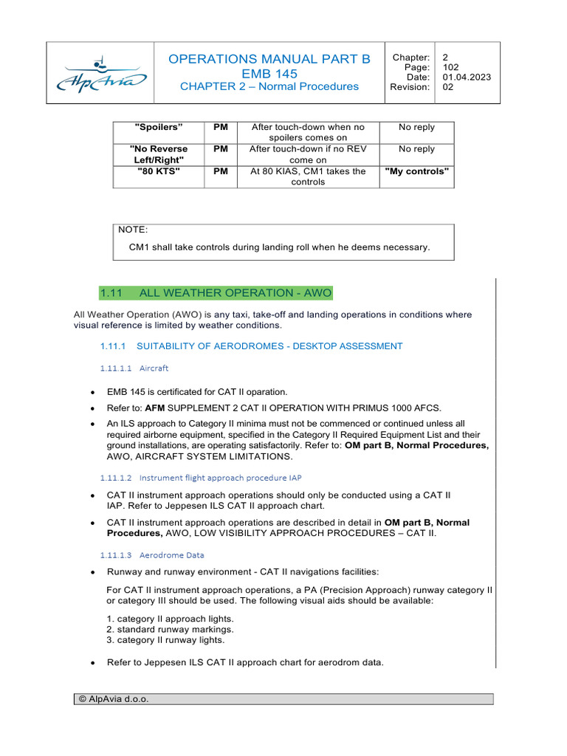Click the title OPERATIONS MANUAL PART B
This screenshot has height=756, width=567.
pos(269,59)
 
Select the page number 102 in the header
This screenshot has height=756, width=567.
pos(450,67)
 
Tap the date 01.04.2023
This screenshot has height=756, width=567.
pos(467,77)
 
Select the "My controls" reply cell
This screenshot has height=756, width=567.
pos(416,171)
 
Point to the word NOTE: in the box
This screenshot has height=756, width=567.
pos(133,230)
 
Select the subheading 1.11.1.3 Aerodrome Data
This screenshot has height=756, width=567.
pos(152,554)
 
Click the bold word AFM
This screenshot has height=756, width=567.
pos(154,408)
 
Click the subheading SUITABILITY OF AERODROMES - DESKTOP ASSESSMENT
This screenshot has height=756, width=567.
pos(269,346)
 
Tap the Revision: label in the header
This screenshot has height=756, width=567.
pos(410,86)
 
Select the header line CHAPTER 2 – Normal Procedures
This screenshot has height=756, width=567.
pos(269,86)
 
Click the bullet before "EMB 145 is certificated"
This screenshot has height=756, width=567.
pos(91,393)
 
